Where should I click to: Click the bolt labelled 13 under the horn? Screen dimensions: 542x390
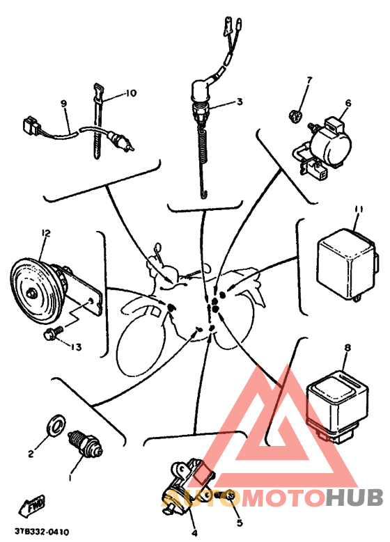pos(51,335)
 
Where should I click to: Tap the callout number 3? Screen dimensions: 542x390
pos(239,102)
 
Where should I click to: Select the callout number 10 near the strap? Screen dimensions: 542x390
pos(131,93)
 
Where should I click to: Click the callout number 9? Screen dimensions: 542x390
pos(63,104)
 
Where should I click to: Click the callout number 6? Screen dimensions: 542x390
pos(348,103)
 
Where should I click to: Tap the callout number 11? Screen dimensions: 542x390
pos(357,208)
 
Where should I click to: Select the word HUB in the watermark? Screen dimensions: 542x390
pos(354,498)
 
